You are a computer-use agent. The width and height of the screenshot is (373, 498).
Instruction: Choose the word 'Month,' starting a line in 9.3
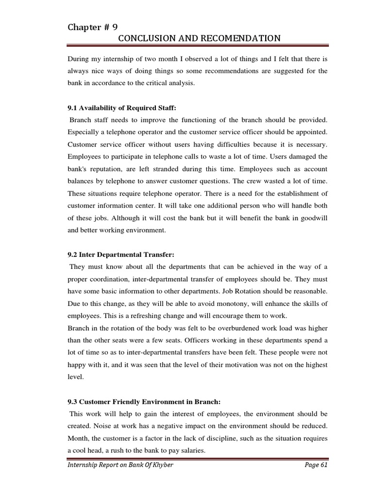pyautogui.click(x=78, y=438)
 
